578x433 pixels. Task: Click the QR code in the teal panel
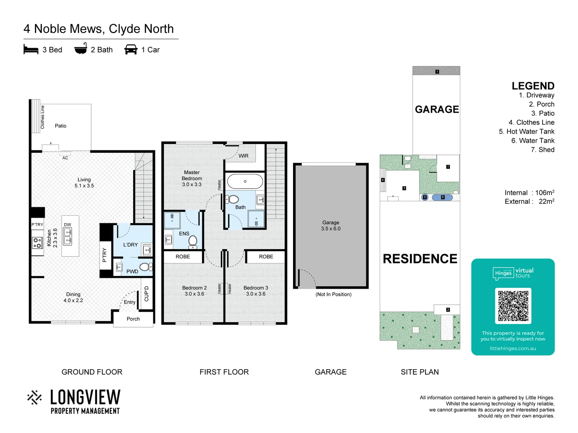(x=513, y=306)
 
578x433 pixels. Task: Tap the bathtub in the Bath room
(x=245, y=182)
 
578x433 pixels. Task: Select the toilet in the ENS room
(x=193, y=241)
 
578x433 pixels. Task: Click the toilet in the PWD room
(x=144, y=267)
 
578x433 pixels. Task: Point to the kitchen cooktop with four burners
(x=37, y=243)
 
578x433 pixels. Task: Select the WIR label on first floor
(x=244, y=156)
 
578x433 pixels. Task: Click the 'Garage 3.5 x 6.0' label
(x=331, y=225)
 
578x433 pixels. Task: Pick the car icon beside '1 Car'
(x=131, y=50)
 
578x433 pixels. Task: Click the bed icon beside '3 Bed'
(x=31, y=50)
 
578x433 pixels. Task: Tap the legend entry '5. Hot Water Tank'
(x=526, y=132)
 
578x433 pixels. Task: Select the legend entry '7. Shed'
(x=542, y=150)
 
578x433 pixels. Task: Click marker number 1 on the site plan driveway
(x=437, y=72)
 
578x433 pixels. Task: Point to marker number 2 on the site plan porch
(x=448, y=310)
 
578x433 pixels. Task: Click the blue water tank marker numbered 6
(x=442, y=197)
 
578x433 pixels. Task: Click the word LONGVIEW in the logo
(x=85, y=397)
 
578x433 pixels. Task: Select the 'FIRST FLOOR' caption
(x=224, y=372)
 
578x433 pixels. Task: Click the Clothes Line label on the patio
(x=43, y=117)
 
